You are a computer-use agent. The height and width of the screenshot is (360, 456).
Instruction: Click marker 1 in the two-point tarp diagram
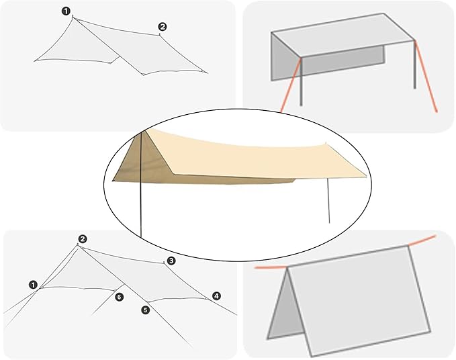pyautogui.click(x=66, y=11)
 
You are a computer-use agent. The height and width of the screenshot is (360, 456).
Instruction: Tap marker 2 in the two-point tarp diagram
pyautogui.click(x=163, y=27)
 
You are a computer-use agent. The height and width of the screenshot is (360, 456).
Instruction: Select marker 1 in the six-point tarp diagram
pyautogui.click(x=33, y=285)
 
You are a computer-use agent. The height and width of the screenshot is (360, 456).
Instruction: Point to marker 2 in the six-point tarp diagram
pyautogui.click(x=83, y=239)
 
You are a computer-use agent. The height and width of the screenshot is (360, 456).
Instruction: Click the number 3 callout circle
pyautogui.click(x=171, y=261)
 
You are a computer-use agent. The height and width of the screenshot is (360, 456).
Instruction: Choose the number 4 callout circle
pyautogui.click(x=216, y=296)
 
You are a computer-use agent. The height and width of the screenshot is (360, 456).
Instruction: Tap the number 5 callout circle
pyautogui.click(x=145, y=310)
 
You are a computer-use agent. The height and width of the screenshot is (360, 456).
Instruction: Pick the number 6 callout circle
pyautogui.click(x=120, y=297)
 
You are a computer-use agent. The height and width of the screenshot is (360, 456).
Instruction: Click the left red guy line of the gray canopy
pyautogui.click(x=291, y=85)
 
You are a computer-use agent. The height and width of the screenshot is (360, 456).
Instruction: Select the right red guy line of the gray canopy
pyautogui.click(x=426, y=76)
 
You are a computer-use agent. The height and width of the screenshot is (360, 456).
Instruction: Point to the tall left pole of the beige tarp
pyautogui.click(x=140, y=185)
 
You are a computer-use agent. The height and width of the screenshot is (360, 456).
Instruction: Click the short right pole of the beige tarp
pyautogui.click(x=328, y=201)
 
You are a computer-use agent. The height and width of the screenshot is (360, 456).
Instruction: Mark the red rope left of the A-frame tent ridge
pyautogui.click(x=271, y=267)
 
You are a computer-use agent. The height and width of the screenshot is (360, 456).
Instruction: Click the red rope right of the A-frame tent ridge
pyautogui.click(x=422, y=241)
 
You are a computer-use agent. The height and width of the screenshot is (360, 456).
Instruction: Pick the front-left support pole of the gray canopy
pyautogui.click(x=301, y=82)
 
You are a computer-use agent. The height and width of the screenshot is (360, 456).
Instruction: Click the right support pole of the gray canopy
pyautogui.click(x=415, y=64)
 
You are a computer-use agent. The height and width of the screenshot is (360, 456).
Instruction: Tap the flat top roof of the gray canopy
pyautogui.click(x=343, y=36)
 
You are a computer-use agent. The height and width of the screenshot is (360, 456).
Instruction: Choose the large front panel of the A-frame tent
pyautogui.click(x=359, y=302)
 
